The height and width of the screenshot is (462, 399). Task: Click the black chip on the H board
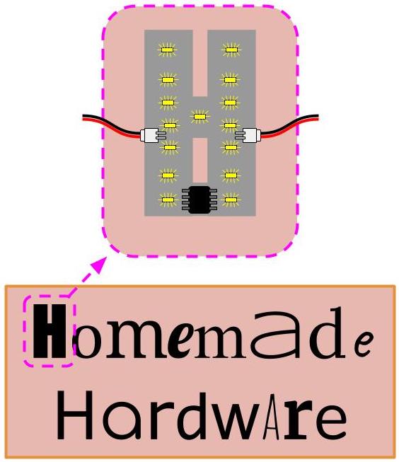(x=199, y=200)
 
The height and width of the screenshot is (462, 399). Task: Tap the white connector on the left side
(x=154, y=135)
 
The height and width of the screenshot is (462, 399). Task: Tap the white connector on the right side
(x=248, y=135)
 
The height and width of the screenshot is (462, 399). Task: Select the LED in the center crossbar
(x=199, y=117)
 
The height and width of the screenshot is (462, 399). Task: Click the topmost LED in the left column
(x=167, y=50)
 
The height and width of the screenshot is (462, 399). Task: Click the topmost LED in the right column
(x=231, y=50)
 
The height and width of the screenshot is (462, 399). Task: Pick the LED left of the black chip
(x=168, y=200)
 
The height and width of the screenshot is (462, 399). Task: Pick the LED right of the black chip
(x=231, y=200)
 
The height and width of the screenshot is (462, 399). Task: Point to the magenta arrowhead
(x=98, y=264)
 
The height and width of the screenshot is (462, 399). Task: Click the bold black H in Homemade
(x=50, y=331)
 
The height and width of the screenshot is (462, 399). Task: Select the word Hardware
(x=201, y=415)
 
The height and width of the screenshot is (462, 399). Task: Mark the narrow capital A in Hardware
(x=272, y=415)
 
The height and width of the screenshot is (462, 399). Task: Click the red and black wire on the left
(x=111, y=125)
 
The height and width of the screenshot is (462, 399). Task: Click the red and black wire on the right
(x=289, y=125)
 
